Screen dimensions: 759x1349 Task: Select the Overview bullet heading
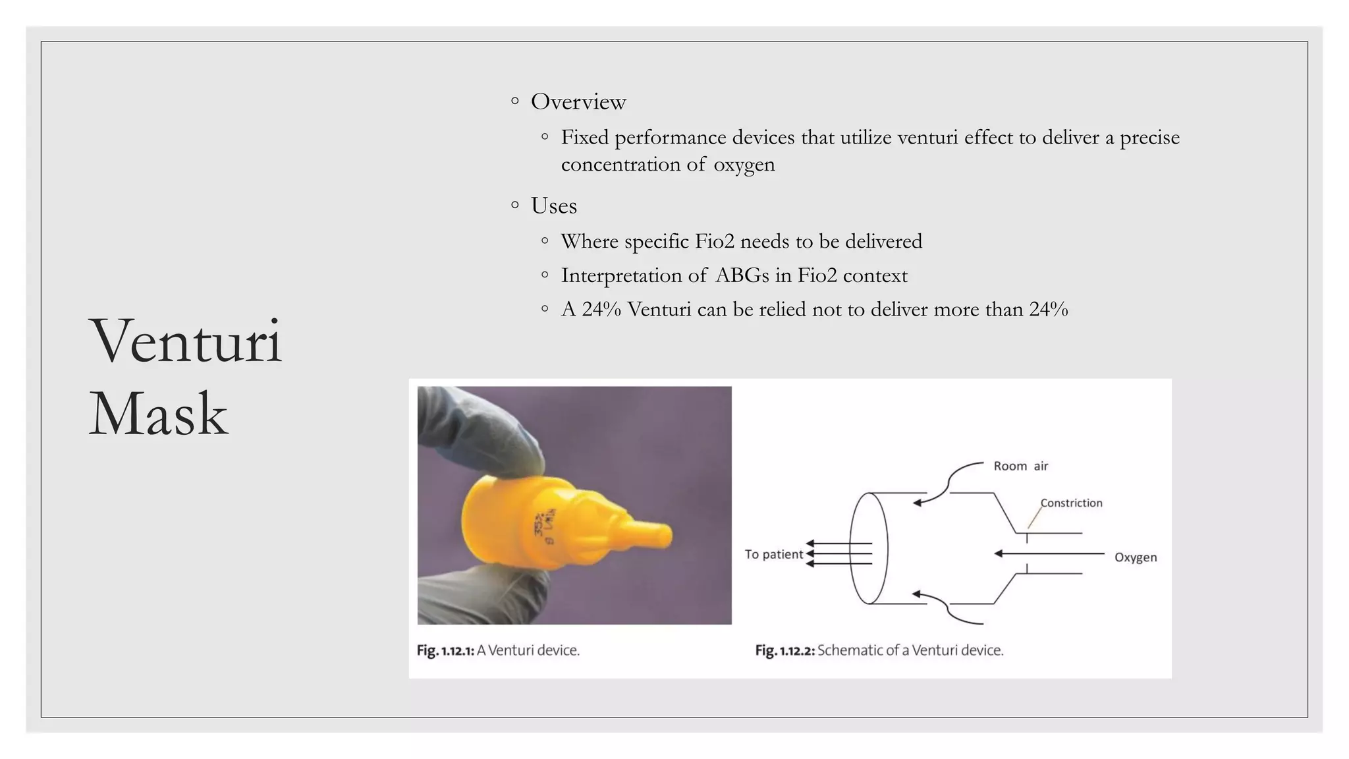point(578,102)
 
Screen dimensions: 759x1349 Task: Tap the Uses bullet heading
point(553,206)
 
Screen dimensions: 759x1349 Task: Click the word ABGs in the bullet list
point(742,275)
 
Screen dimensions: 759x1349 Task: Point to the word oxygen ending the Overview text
point(744,165)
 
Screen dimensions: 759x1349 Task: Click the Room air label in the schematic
point(1020,466)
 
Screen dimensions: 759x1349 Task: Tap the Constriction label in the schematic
point(1071,503)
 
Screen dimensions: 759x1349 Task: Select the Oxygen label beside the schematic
point(1135,557)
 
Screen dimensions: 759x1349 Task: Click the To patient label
point(773,555)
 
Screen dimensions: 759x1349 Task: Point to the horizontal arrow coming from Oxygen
point(1047,553)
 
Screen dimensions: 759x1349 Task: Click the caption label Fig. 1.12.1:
point(445,651)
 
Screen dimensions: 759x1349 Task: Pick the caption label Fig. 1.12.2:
point(785,651)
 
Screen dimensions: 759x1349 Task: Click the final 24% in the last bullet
point(1048,310)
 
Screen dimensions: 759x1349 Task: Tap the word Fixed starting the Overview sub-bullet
point(584,138)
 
